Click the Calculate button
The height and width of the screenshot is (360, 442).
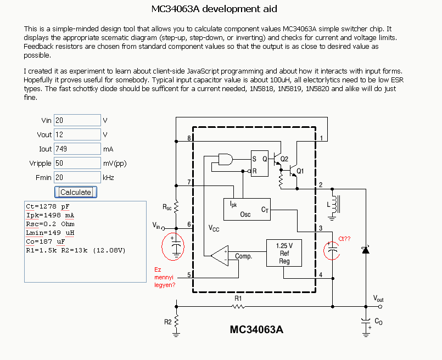[76, 192]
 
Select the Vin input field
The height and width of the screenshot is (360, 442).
[77, 120]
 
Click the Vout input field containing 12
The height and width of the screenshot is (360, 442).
[77, 134]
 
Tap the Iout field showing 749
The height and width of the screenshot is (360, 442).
[77, 149]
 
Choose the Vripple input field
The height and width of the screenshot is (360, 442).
[77, 163]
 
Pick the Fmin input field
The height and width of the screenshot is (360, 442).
[77, 177]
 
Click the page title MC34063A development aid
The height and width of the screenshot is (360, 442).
[214, 9]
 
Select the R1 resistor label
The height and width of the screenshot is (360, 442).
[238, 298]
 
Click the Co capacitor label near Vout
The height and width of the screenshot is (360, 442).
[378, 322]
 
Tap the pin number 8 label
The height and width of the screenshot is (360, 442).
[189, 138]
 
